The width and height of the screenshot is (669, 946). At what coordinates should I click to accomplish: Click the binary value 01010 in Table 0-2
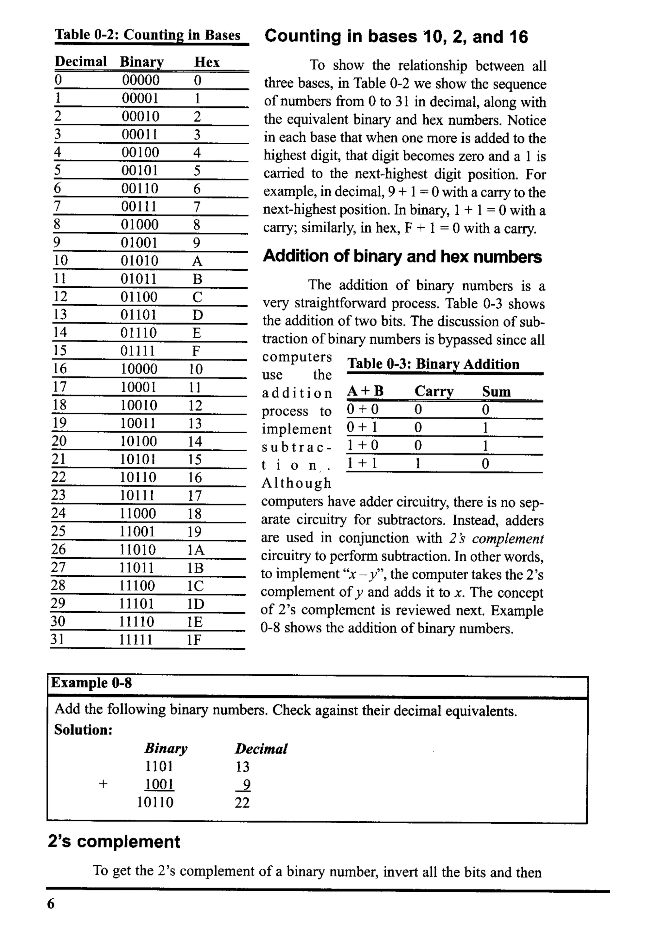coord(139,261)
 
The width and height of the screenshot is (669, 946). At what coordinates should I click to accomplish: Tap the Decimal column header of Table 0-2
coord(81,62)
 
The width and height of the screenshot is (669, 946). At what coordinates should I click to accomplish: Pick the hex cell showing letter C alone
coord(197,297)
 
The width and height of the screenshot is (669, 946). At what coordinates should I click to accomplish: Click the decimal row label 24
coord(58,513)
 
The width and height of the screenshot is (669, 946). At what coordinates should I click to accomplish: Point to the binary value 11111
coord(136,640)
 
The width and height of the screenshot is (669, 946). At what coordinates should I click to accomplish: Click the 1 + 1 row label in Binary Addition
coord(362,463)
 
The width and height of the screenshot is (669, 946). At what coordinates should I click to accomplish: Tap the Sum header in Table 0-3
coord(496,391)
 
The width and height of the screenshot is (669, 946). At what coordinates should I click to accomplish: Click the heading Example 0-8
coord(91,683)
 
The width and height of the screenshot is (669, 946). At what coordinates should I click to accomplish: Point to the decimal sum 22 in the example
coord(242,803)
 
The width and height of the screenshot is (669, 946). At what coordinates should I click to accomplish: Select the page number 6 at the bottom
coord(51,904)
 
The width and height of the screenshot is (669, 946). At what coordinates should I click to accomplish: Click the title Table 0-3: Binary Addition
coord(433,364)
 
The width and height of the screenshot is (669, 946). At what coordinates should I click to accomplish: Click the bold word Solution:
coord(83,730)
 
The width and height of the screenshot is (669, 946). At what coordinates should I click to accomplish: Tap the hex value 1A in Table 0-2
coord(195,550)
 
